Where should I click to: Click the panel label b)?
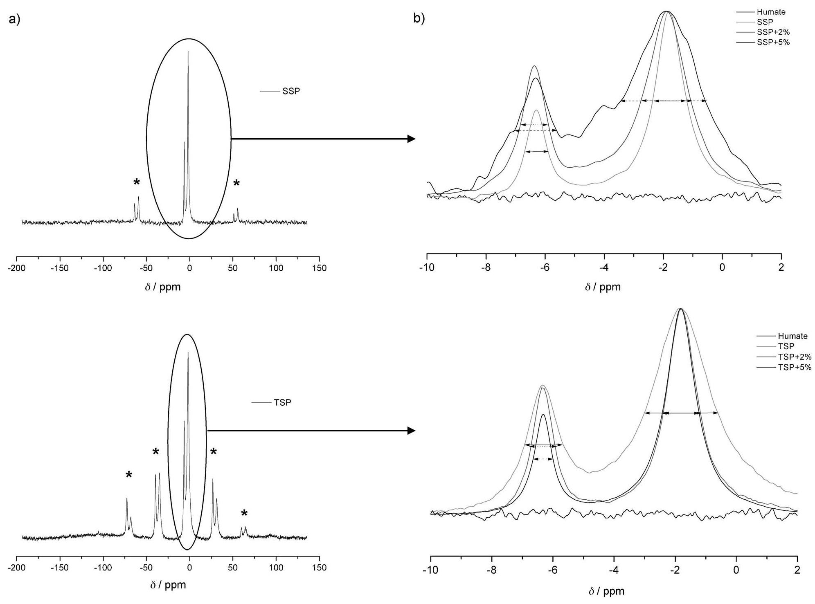(x=419, y=19)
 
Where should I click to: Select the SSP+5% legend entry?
(x=773, y=42)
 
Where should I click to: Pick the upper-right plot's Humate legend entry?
(x=771, y=12)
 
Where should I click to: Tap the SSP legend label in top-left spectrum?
(x=291, y=91)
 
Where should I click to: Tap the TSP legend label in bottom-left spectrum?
(x=282, y=402)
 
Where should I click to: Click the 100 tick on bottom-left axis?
(x=276, y=568)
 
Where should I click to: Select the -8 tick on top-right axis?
(x=486, y=268)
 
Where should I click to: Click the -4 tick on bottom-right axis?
(x=614, y=570)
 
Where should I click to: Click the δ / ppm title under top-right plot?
(x=602, y=287)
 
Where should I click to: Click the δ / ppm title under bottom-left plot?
(x=168, y=585)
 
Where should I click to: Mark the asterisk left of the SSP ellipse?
(x=137, y=182)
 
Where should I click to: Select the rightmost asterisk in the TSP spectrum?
(x=244, y=514)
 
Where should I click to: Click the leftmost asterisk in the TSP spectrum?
(x=129, y=475)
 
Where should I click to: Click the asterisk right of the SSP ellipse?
(x=236, y=184)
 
